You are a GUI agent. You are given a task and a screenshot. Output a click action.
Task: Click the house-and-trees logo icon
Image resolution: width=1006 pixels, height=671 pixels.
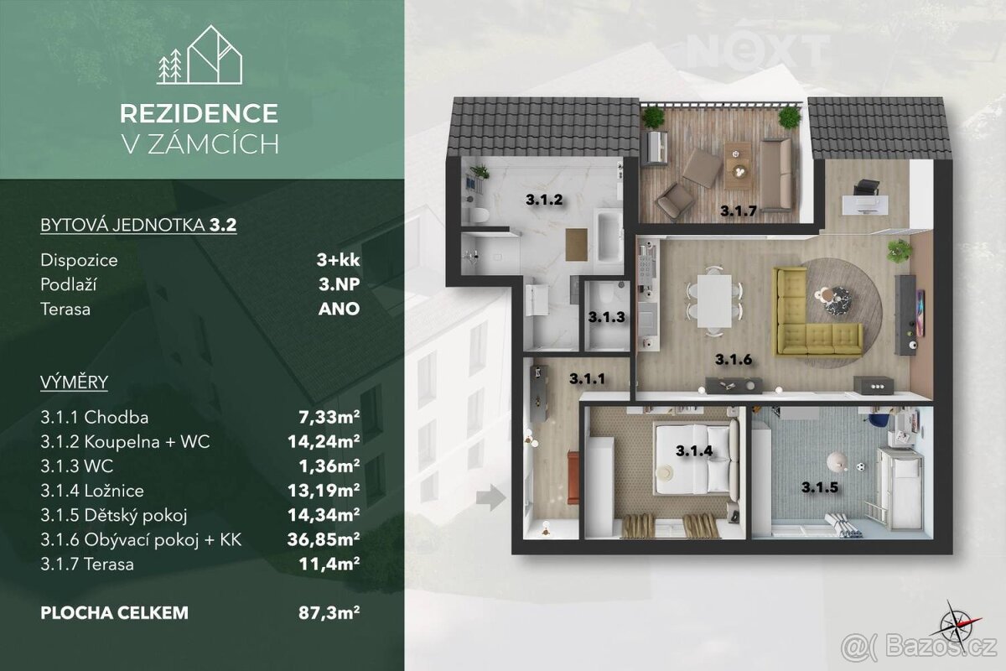click(200, 55)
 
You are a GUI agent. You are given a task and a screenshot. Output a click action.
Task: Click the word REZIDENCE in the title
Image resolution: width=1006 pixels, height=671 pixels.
click(199, 113)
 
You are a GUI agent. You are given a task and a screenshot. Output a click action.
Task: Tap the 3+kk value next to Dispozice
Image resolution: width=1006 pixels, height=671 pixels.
click(338, 260)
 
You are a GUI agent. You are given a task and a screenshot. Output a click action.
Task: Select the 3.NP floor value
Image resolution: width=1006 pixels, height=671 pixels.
click(339, 284)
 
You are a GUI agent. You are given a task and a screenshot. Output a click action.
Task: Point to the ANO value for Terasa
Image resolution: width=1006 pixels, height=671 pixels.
click(339, 309)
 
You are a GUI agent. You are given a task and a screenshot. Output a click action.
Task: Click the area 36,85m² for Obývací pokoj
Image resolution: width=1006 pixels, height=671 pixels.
click(324, 538)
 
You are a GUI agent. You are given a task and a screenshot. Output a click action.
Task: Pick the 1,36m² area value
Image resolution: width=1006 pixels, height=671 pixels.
click(329, 466)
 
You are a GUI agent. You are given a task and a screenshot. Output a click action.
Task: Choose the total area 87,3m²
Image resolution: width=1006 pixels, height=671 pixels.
click(329, 612)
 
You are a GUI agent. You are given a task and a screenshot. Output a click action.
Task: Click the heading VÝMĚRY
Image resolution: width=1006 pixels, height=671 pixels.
click(74, 382)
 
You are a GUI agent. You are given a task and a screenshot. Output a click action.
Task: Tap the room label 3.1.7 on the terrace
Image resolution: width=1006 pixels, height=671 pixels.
click(739, 211)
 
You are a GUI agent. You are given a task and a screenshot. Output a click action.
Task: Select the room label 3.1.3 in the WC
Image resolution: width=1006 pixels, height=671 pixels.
click(607, 317)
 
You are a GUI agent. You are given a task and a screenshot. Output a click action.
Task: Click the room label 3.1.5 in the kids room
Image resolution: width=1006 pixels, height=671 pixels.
click(820, 487)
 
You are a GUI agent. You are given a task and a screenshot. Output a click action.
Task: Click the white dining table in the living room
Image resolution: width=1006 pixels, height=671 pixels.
click(714, 301)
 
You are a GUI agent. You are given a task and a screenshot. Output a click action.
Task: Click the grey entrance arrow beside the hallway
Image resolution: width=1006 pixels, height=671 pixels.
click(491, 497)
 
